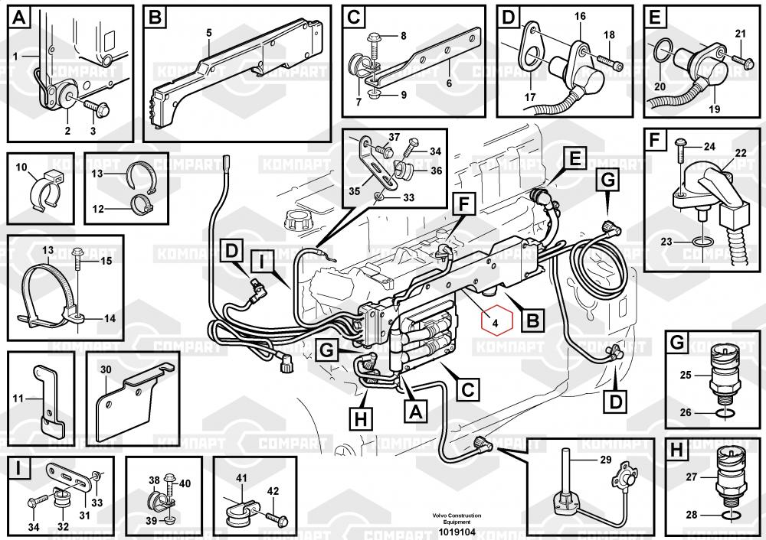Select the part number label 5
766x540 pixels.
(208, 33)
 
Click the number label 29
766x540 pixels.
(605, 460)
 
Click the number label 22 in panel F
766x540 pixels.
(740, 154)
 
